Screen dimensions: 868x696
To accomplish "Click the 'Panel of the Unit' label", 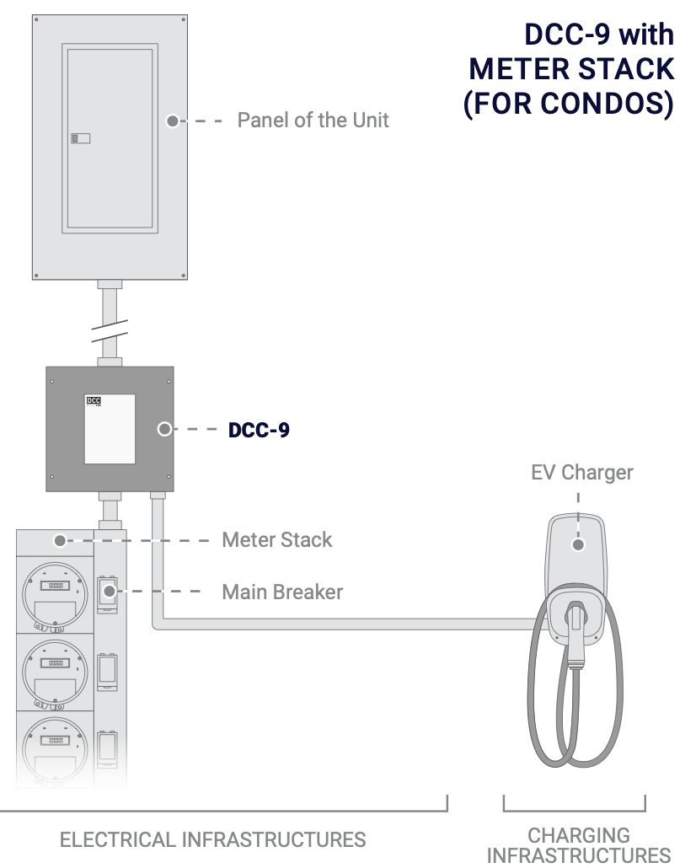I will pyautogui.click(x=313, y=121).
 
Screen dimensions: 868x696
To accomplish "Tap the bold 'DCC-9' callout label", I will pyautogui.click(x=260, y=430).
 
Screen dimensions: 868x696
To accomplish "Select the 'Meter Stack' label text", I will pyautogui.click(x=277, y=539).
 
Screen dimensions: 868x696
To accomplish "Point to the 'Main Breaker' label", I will pyautogui.click(x=282, y=592).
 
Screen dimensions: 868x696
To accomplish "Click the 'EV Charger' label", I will pyautogui.click(x=581, y=472).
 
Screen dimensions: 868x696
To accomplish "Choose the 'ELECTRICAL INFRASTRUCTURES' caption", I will pyautogui.click(x=213, y=839).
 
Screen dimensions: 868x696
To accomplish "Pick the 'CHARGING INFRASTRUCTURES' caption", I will pyautogui.click(x=579, y=845).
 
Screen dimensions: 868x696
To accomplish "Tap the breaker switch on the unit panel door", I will pyautogui.click(x=80, y=138).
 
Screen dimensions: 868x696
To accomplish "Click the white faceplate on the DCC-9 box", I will pyautogui.click(x=110, y=428).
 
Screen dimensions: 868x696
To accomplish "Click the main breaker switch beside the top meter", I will pyautogui.click(x=107, y=592).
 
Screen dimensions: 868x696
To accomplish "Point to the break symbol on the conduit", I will pyautogui.click(x=110, y=329).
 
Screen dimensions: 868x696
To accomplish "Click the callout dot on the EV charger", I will pyautogui.click(x=577, y=544).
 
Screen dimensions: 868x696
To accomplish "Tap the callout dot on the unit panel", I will pyautogui.click(x=172, y=121).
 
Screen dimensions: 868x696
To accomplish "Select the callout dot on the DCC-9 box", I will pyautogui.click(x=164, y=430).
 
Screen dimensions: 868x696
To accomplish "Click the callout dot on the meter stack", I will pyautogui.click(x=59, y=540).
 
